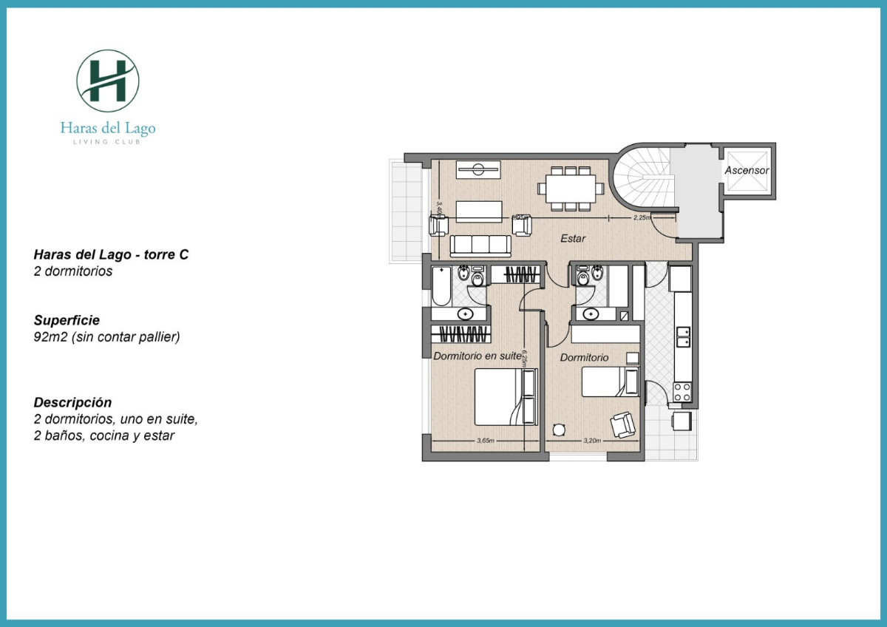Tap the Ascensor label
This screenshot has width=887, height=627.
[747, 170]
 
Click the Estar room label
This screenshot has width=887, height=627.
[573, 238]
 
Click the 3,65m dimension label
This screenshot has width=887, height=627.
[485, 441]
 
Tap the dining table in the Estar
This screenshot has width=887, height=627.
[568, 188]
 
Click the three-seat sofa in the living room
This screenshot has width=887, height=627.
[480, 245]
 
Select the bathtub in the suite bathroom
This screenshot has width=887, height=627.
[441, 287]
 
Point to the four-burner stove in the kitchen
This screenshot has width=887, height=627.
[682, 391]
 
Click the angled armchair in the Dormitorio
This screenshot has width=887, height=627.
[622, 424]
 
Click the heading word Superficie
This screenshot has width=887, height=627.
[67, 321]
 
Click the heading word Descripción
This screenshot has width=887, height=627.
[72, 402]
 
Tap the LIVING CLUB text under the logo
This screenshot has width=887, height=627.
[108, 141]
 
